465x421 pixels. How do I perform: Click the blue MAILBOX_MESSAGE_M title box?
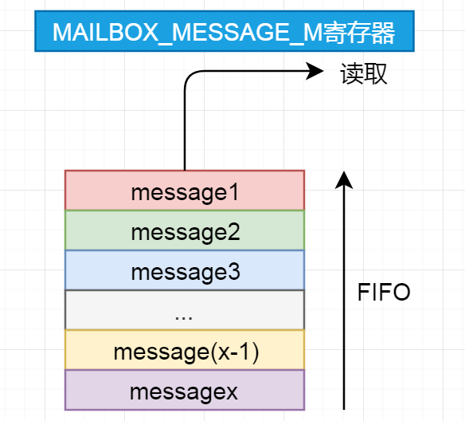225,32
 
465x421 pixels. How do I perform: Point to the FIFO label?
384,293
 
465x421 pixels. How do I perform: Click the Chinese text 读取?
363,74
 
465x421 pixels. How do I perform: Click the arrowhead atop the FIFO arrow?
344,178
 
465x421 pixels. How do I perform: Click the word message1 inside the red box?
185,191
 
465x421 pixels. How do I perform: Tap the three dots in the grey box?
184,313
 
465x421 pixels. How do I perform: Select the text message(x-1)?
185,351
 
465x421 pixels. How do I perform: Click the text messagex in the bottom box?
185,391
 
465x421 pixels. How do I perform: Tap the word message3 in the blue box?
185,272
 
